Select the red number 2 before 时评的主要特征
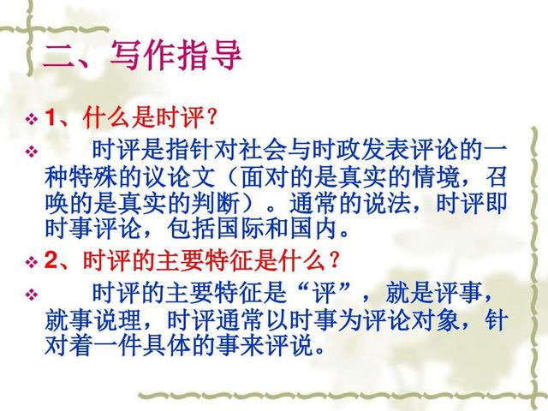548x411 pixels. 51,259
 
